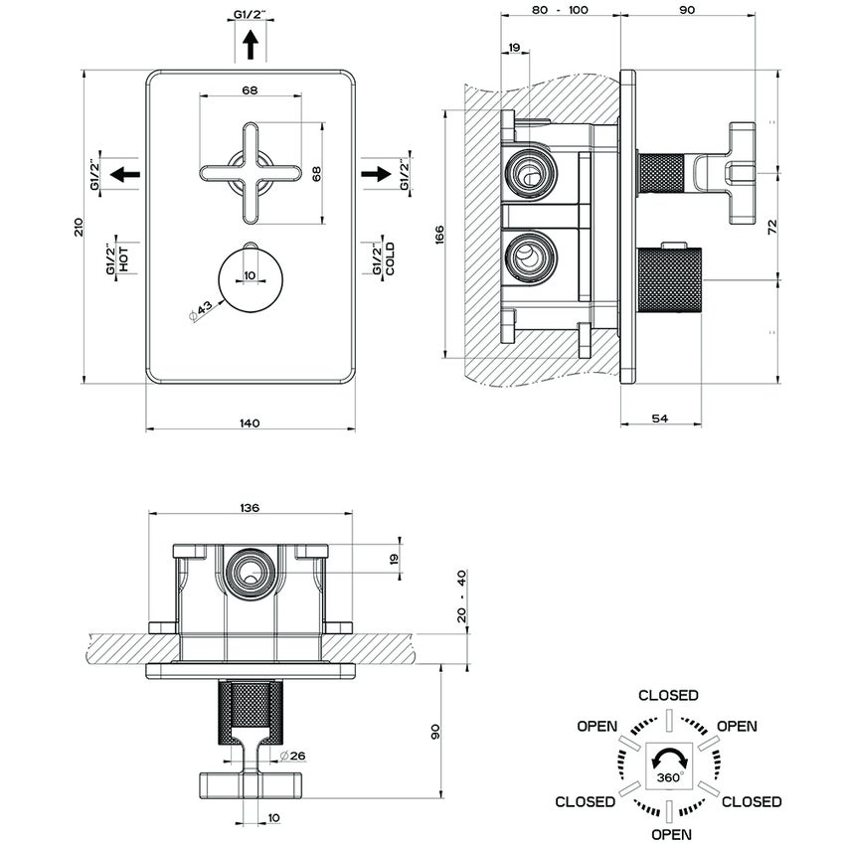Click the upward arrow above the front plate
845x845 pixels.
pyautogui.click(x=250, y=45)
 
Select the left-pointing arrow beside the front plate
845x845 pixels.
pyautogui.click(x=124, y=174)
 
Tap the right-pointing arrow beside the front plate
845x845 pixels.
pyautogui.click(x=376, y=174)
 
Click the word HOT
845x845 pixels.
pyautogui.click(x=123, y=260)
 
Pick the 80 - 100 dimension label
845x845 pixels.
pyautogui.click(x=560, y=9)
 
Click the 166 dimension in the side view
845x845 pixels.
pyautogui.click(x=438, y=235)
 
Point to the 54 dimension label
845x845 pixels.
pyautogui.click(x=659, y=419)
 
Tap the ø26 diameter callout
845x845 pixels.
pyautogui.click(x=293, y=756)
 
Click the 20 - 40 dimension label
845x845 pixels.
pyautogui.click(x=462, y=596)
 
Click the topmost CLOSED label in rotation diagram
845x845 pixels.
pyautogui.click(x=668, y=695)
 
